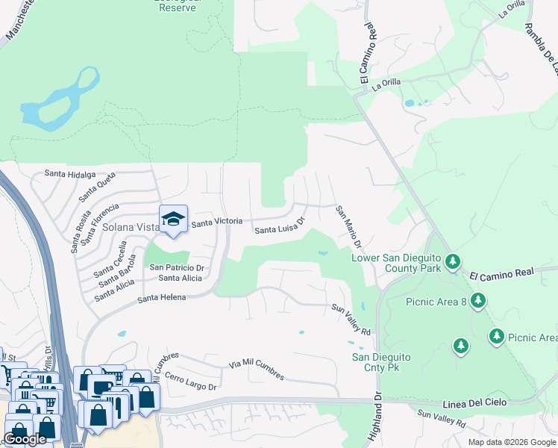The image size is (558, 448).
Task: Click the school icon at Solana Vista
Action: (173, 220)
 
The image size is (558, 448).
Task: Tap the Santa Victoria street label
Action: (216, 222)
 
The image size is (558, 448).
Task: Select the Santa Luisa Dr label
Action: (280, 226)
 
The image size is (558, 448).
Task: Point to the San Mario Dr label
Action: (348, 227)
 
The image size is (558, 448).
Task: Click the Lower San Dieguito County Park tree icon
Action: (453, 262)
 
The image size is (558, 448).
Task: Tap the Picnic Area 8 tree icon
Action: (478, 302)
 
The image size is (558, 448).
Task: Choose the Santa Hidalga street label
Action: (70, 174)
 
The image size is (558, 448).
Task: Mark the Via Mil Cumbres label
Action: (257, 369)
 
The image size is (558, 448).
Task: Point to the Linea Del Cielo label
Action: (474, 403)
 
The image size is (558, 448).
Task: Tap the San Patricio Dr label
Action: (177, 267)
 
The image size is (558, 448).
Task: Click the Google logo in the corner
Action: (25, 439)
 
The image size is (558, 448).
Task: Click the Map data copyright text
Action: (511, 442)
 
